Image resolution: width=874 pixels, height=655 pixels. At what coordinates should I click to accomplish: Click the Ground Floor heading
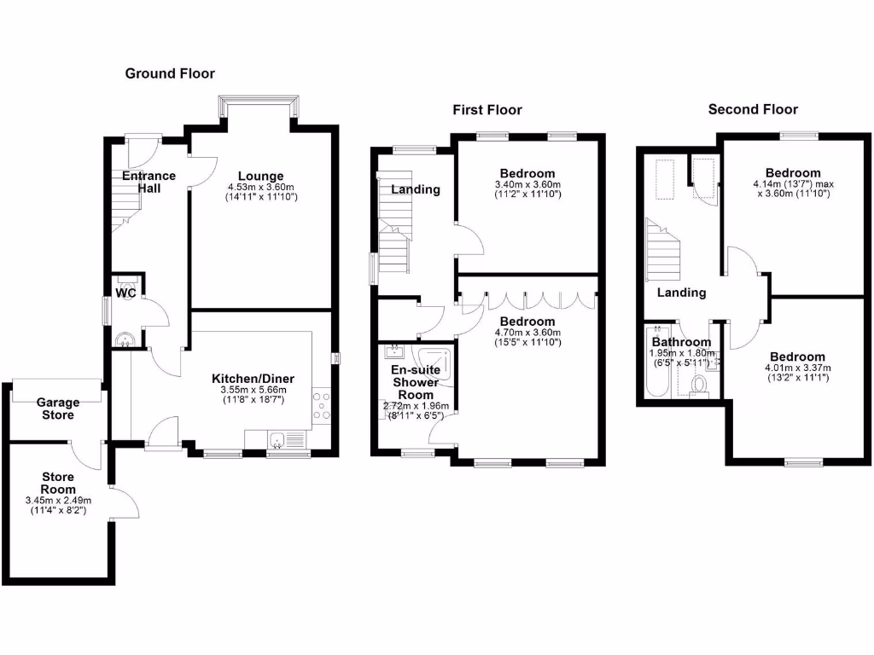(170, 73)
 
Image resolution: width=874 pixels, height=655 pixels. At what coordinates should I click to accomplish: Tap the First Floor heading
(487, 109)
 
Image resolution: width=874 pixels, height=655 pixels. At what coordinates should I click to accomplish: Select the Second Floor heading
(753, 109)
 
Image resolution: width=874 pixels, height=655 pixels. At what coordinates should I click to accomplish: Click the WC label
(126, 293)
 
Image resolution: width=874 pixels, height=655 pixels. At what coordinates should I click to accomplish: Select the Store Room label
(58, 483)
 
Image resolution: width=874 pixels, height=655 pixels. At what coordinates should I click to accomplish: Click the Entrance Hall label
(149, 182)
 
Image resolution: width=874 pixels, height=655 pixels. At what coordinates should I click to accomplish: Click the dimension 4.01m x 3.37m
(797, 368)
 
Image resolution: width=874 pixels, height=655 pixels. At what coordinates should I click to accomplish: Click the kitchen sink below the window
(277, 441)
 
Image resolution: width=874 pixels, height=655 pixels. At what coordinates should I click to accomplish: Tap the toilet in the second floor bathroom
(700, 386)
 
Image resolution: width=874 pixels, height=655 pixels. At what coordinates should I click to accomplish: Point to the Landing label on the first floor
(416, 189)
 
